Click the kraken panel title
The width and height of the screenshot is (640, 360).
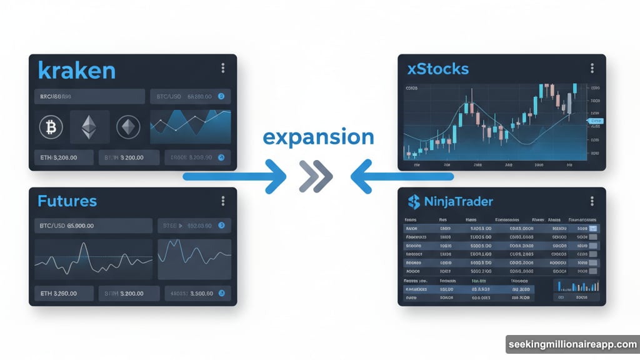pyautogui.click(x=76, y=70)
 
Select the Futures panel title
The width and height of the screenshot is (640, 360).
pyautogui.click(x=67, y=201)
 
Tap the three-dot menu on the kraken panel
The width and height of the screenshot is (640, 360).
pyautogui.click(x=223, y=69)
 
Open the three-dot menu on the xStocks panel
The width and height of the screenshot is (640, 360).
pyautogui.click(x=592, y=69)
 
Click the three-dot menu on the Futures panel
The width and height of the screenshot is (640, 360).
pyautogui.click(x=223, y=201)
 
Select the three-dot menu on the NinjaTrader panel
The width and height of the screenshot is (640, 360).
pyautogui.click(x=592, y=201)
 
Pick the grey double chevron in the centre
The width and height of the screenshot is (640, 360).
pyautogui.click(x=316, y=177)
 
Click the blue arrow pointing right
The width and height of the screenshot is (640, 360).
pyautogui.click(x=237, y=177)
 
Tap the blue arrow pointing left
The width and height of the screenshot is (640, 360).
pyautogui.click(x=400, y=177)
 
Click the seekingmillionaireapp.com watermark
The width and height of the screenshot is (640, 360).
pyautogui.click(x=572, y=344)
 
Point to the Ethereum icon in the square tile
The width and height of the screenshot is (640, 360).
pyautogui.click(x=90, y=127)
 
